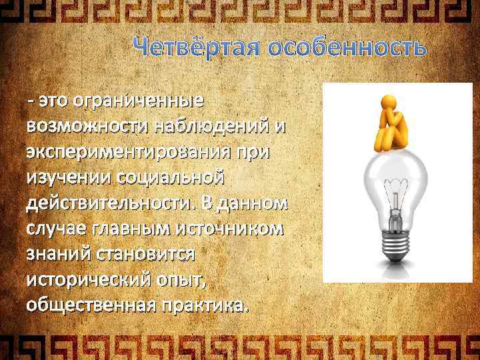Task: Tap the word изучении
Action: click(x=69, y=178)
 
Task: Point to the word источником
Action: click(x=236, y=229)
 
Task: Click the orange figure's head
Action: click(x=389, y=100)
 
